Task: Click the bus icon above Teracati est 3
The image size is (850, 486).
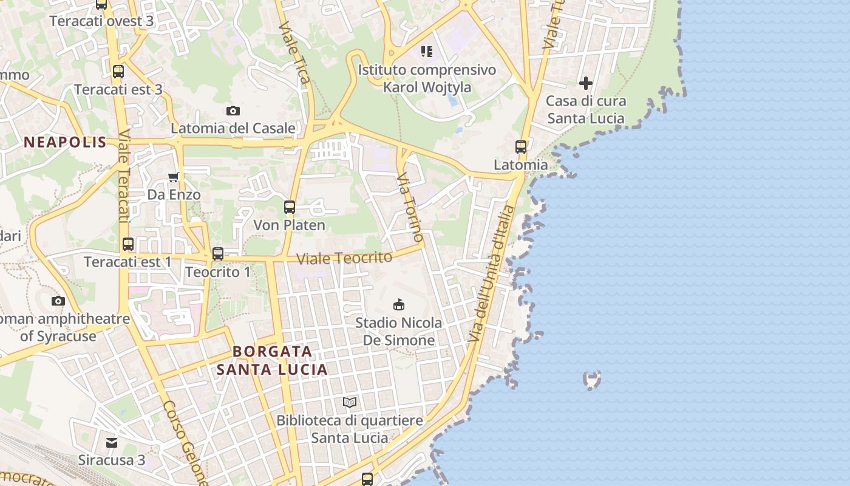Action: click(118, 72)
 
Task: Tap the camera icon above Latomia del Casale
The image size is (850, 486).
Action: click(233, 111)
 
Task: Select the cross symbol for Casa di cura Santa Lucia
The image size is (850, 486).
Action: click(586, 83)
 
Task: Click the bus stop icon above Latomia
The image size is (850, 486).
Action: click(521, 146)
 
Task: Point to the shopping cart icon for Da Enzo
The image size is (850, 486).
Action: click(174, 177)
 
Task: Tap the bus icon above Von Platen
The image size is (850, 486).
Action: click(290, 207)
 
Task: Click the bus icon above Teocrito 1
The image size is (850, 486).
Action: click(218, 254)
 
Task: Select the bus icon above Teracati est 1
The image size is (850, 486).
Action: click(128, 244)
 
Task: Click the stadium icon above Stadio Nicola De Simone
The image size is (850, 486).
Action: click(399, 304)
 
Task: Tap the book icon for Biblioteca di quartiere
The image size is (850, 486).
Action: click(350, 402)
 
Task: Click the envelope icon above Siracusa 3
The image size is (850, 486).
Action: click(112, 442)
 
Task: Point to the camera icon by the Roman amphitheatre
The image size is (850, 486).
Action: click(58, 301)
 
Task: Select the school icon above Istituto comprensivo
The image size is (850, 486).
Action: click(427, 52)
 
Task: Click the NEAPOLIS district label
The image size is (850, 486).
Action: click(65, 143)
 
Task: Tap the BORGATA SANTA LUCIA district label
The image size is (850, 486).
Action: click(273, 360)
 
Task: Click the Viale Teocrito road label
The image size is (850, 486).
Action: click(344, 258)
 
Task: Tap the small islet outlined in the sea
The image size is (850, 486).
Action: click(592, 380)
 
